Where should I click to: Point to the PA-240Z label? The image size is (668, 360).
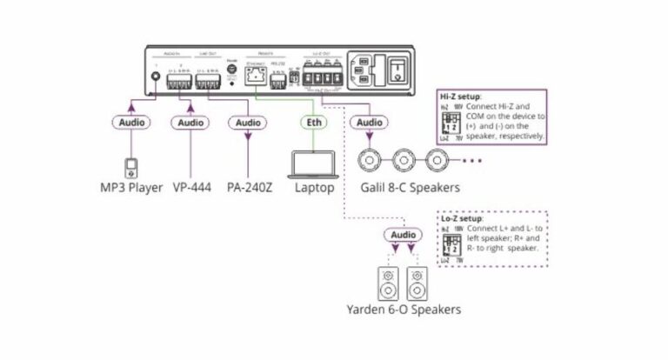248,187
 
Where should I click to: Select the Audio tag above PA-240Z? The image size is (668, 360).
248,123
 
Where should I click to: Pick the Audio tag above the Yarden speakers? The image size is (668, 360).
403,235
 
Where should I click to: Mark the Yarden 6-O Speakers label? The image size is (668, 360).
404,310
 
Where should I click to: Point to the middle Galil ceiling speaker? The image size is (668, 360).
406,160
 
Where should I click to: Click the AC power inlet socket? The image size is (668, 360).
364,70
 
